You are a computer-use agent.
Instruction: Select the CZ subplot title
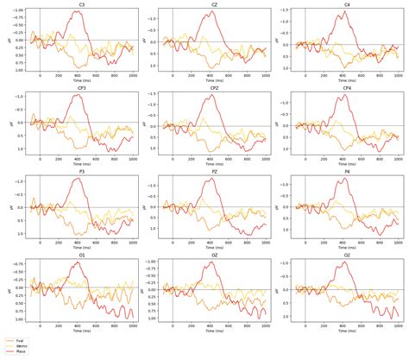point(213,4)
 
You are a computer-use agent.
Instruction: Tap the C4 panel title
point(346,4)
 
